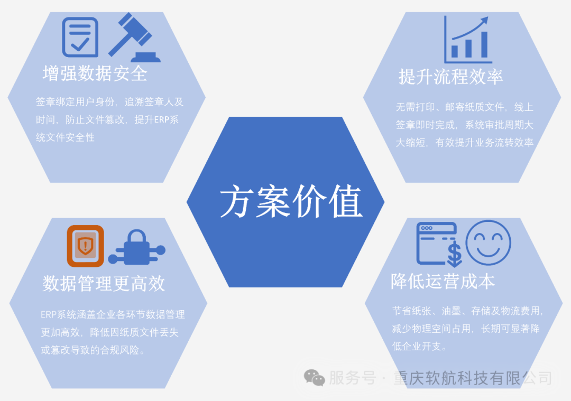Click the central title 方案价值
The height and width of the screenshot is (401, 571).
[x=291, y=202]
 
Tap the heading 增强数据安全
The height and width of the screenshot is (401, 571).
[x=95, y=73]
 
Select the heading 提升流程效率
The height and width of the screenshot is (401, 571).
[x=450, y=77]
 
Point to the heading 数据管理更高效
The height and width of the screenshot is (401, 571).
[x=104, y=284]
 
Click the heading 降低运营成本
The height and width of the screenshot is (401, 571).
[x=443, y=282]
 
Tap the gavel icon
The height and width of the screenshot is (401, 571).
[x=134, y=38]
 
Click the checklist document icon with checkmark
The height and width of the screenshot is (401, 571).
[x=80, y=37]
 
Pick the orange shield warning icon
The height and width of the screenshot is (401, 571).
[x=85, y=246]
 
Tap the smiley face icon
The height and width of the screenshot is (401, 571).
[x=488, y=243]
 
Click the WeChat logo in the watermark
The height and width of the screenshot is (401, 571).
[x=314, y=377]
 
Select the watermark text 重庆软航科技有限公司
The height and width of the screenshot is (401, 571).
[x=473, y=378]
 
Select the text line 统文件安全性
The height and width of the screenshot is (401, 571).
[x=65, y=137]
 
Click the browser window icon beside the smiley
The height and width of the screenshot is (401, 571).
[x=436, y=242]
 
